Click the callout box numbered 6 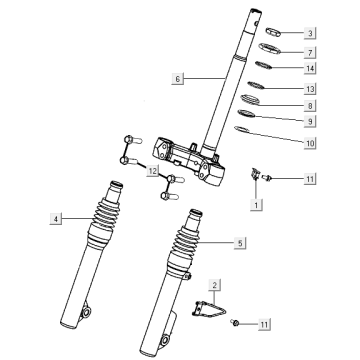pyautogui.click(x=178, y=78)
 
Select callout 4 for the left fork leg pyautogui.click(x=57, y=217)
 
